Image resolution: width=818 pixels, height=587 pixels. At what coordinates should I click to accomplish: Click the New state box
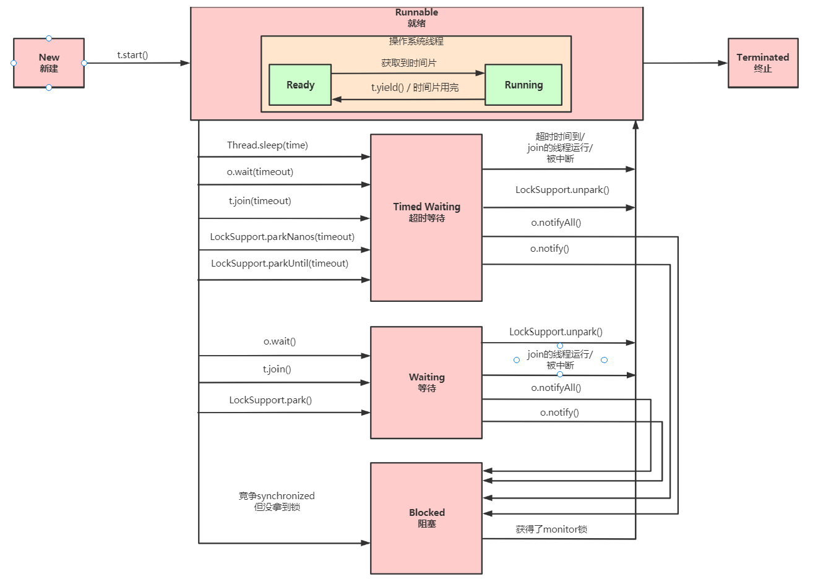49,63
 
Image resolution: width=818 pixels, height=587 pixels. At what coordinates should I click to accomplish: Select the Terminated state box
762,63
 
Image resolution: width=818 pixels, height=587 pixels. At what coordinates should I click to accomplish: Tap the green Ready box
300,85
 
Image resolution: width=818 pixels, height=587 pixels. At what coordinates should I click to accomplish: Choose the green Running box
523,85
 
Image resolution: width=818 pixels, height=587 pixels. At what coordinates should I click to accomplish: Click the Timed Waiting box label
426,207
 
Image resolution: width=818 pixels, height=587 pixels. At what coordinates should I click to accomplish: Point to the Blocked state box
426,518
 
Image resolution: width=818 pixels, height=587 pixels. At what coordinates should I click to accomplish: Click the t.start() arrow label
132,55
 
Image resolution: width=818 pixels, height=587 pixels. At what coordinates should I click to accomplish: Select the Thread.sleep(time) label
267,145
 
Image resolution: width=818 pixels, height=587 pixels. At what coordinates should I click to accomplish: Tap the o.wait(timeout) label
260,172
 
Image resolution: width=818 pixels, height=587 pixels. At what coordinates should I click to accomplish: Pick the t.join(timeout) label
260,201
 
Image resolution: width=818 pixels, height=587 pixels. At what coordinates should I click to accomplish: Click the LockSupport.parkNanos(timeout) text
282,237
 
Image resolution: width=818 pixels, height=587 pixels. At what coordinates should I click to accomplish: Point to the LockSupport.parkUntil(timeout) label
280,264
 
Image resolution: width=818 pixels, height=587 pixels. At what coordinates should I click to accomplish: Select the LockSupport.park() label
270,400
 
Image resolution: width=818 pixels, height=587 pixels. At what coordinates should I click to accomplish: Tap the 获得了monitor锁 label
551,529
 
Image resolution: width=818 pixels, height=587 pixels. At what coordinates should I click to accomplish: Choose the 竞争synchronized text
277,496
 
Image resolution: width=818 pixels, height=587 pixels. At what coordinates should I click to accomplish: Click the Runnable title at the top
416,12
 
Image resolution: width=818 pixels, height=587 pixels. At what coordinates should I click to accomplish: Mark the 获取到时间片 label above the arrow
408,63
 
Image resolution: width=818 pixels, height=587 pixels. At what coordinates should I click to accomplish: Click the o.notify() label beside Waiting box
559,413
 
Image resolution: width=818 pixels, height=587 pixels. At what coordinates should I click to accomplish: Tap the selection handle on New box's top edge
49,38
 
